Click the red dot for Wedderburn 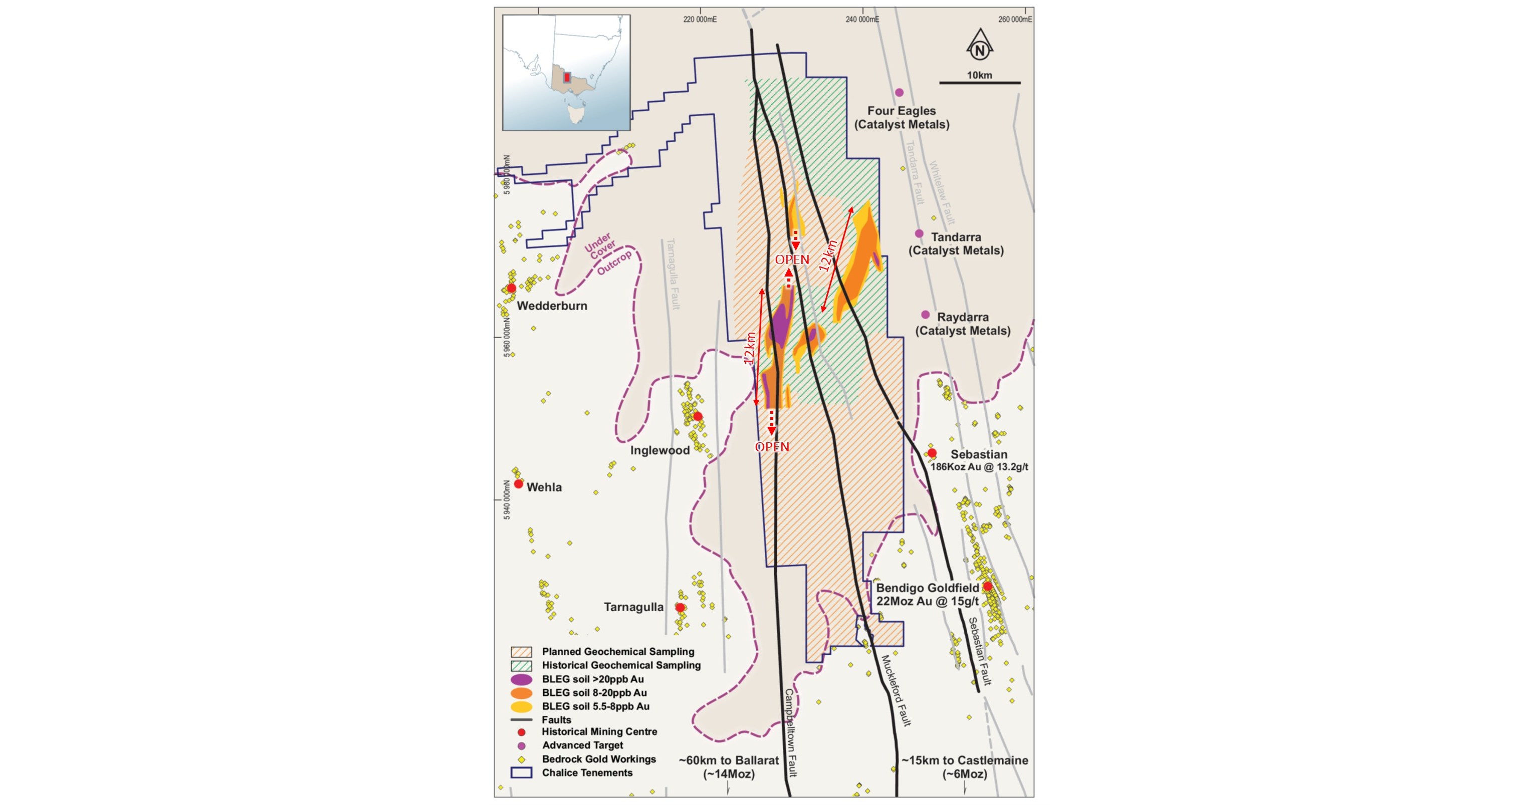tap(512, 288)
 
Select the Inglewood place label tap(660, 450)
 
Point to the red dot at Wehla tap(519, 484)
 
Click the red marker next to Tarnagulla tap(680, 608)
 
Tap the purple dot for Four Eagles tap(899, 93)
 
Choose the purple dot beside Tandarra tap(920, 234)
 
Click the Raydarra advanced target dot tap(926, 315)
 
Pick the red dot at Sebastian tap(932, 453)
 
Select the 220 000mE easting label tap(700, 20)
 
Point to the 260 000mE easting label tap(1014, 20)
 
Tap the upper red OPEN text tap(792, 259)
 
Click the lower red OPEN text tap(772, 447)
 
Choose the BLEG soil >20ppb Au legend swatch tap(521, 680)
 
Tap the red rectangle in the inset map tap(567, 78)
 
